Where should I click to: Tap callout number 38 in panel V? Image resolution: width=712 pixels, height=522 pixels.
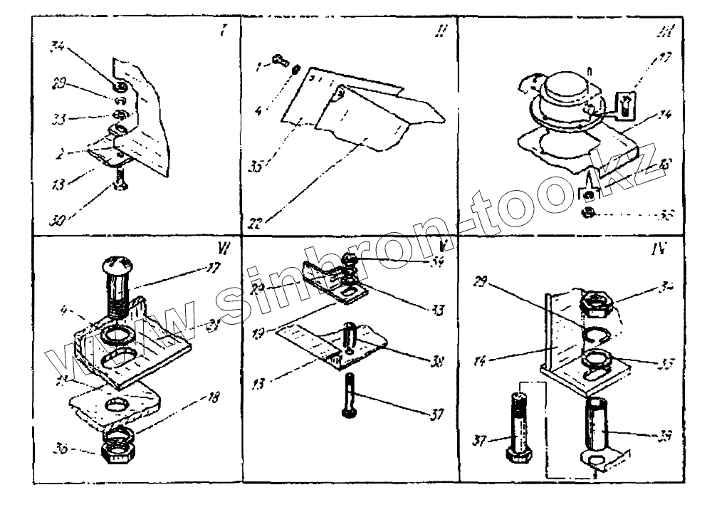click(x=439, y=362)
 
